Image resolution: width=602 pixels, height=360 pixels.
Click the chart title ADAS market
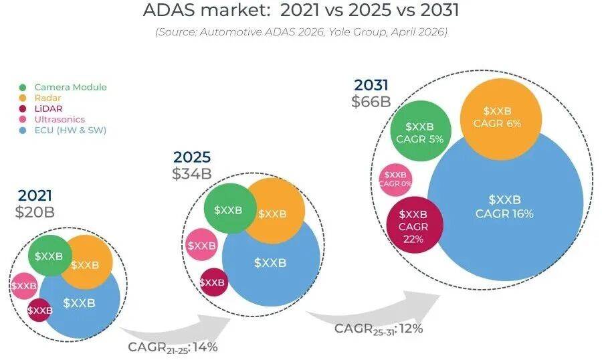[x=301, y=11]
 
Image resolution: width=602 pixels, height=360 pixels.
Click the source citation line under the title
[x=301, y=31]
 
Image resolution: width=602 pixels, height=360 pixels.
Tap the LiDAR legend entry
[x=48, y=108]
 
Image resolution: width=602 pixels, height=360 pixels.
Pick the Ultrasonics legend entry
[x=60, y=119]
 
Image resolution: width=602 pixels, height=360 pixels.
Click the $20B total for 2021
[x=35, y=212]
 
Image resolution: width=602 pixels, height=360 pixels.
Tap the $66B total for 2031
[x=371, y=102]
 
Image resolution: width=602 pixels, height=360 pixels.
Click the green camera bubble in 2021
[x=49, y=256]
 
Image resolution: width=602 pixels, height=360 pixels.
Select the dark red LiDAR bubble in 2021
[x=39, y=310]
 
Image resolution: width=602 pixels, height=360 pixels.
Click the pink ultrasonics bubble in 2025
[x=201, y=246]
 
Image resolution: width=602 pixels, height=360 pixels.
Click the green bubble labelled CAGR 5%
[x=419, y=132]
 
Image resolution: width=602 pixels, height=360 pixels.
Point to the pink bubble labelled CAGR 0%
[x=395, y=179]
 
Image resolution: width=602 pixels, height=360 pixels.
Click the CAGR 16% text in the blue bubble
[x=504, y=214]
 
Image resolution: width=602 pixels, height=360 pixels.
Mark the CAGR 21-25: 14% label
[x=173, y=347]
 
